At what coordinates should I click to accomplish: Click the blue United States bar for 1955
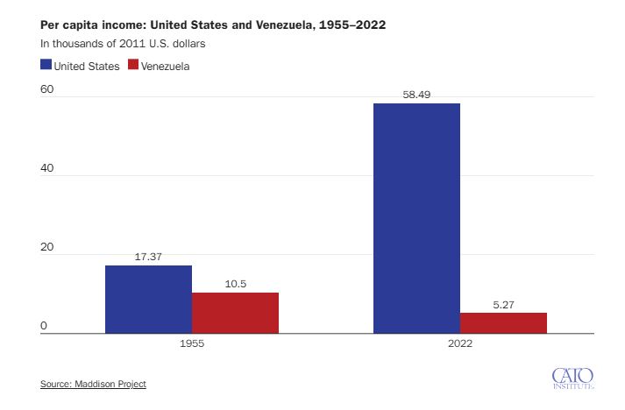148,300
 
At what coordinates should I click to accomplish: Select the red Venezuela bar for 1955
235,313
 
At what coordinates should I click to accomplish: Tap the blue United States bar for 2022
416,218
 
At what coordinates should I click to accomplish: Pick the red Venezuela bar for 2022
503,323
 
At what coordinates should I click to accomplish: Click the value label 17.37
148,257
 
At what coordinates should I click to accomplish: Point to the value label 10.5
236,284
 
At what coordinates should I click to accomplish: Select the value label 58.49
416,95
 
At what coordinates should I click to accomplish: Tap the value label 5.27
503,305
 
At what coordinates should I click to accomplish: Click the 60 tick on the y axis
46,88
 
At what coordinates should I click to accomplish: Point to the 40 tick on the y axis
46,167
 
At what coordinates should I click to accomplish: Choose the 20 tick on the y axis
46,247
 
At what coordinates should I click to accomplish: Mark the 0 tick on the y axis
44,326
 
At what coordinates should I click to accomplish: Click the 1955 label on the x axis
192,343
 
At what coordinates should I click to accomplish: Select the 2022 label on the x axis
460,343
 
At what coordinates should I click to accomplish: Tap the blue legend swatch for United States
46,65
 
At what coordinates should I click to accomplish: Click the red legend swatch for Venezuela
133,65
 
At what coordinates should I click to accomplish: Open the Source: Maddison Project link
93,384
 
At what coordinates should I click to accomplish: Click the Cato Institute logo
572,378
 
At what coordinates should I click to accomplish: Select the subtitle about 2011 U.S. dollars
123,44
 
